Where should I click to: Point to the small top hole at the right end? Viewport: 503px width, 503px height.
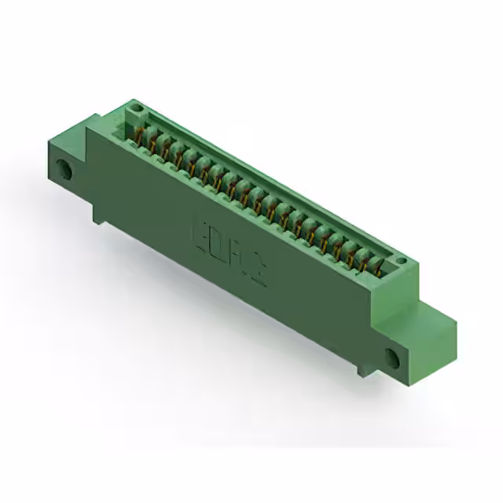tap(401, 261)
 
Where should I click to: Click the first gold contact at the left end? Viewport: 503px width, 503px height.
tap(143, 130)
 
